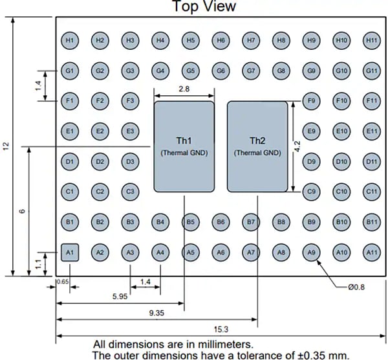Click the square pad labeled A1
tap(70, 252)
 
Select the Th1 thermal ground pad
tap(184, 146)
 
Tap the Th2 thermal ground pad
tap(257, 146)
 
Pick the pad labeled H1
tap(70, 40)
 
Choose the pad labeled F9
tap(311, 101)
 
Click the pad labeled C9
tap(311, 192)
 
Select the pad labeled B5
tap(190, 222)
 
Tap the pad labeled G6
tap(221, 70)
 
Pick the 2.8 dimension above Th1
tap(184, 91)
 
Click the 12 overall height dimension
tap(6, 147)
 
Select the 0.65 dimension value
tap(62, 282)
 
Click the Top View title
tap(204, 6)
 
